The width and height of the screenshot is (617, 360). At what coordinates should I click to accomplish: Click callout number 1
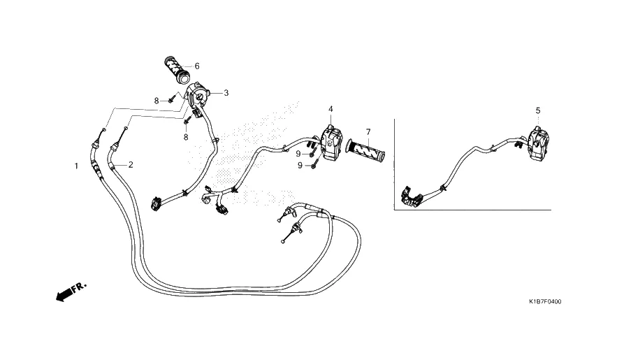click(76, 166)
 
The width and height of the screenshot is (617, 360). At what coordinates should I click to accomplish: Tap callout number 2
click(131, 165)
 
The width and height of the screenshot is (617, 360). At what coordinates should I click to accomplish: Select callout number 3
click(226, 92)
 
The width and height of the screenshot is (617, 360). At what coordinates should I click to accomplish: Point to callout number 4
click(331, 109)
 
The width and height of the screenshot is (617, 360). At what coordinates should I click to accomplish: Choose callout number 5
click(538, 110)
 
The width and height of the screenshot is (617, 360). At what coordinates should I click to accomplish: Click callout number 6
click(197, 66)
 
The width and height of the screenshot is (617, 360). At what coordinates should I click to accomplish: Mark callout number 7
click(386, 132)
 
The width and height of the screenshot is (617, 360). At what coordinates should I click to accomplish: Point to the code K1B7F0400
click(545, 302)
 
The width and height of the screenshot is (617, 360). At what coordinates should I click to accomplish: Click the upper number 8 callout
click(157, 101)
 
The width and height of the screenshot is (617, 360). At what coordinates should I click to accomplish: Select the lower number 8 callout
click(186, 138)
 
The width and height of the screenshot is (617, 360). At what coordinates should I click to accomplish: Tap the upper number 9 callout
click(298, 153)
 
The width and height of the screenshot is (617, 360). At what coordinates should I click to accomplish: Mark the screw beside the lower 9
click(315, 164)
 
